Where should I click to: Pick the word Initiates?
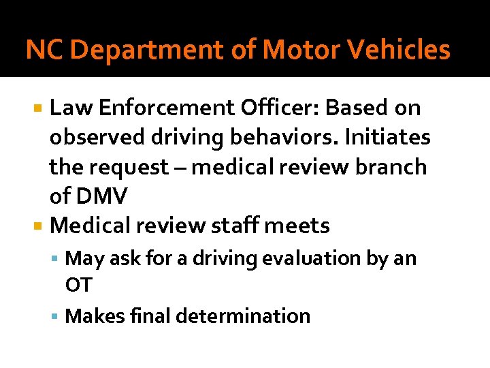(387, 138)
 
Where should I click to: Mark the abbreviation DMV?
(102, 197)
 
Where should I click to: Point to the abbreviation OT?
(78, 284)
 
